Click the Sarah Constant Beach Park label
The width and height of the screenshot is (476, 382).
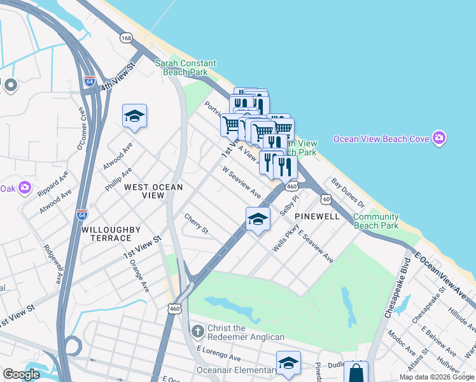186,68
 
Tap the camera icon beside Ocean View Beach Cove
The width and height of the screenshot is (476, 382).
438,138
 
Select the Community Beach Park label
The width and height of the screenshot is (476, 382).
375,221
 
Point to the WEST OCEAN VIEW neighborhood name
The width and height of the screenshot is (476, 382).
153,192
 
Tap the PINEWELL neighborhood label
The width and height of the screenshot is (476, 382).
316,216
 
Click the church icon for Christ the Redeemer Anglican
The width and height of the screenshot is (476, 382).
198,332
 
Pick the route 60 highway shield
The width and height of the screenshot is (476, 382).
326,199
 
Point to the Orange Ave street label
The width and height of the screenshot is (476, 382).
139,276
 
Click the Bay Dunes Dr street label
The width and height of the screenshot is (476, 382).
347,193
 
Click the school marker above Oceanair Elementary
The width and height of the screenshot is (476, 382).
288,363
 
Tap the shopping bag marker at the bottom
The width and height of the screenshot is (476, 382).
356,372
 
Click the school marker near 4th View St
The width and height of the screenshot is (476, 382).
134,116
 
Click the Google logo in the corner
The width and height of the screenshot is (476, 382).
21,374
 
